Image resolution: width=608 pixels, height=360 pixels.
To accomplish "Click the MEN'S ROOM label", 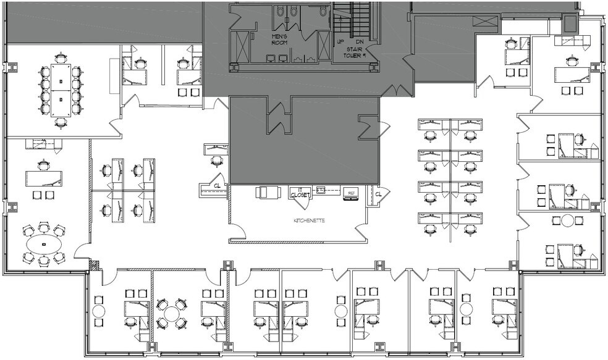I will (x=281, y=40).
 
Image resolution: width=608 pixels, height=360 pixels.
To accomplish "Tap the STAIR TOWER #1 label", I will (x=355, y=49).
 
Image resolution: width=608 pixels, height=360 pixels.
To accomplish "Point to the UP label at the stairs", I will (x=340, y=42).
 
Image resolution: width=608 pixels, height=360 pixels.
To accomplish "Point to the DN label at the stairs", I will (x=359, y=42).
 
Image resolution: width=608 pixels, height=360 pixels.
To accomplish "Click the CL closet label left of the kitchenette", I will (x=217, y=185).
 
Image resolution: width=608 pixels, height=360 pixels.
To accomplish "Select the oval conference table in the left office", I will (x=44, y=245).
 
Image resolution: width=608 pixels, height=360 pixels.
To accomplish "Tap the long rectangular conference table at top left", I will (x=60, y=90).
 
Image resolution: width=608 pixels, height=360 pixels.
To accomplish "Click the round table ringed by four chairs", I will (x=171, y=314).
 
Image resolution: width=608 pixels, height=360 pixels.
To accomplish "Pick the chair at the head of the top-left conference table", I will (x=60, y=57).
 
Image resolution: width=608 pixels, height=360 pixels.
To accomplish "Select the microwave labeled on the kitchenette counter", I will (x=351, y=193).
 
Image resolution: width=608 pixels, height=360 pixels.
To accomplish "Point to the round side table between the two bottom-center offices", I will (x=340, y=310).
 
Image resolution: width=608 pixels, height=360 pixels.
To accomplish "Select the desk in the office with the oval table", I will (x=44, y=178).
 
